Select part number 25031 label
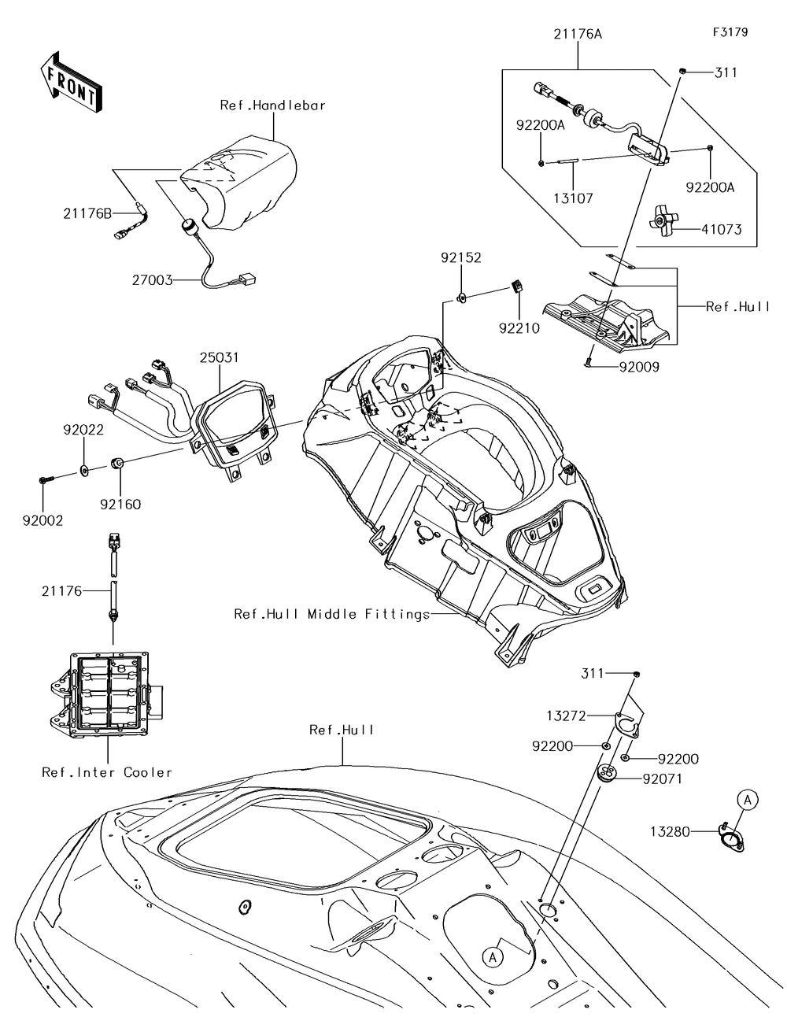(218, 357)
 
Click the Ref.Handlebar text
(272, 105)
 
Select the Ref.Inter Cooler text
(107, 772)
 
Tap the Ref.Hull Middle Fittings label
(331, 613)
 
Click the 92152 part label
(460, 257)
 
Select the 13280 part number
(670, 830)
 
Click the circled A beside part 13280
(747, 800)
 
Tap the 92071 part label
(663, 779)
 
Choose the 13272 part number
(589, 716)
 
